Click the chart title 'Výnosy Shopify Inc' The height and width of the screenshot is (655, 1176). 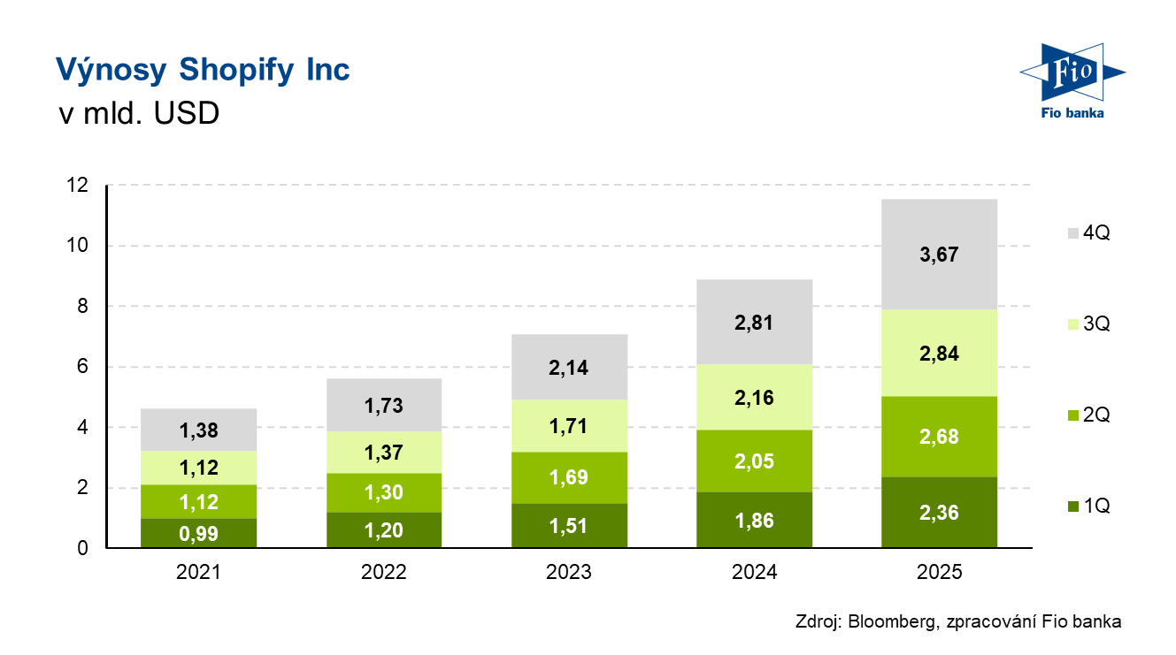coord(203,70)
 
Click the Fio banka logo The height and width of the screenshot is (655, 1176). coord(1072,79)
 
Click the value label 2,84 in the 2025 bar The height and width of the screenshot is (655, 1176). coord(939,354)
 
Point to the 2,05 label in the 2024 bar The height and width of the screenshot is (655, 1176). coord(754,461)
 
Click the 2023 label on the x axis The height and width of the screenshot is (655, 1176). coord(569,572)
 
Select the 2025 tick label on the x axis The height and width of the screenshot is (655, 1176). coord(939,572)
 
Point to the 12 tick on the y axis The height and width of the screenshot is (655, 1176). coord(78,186)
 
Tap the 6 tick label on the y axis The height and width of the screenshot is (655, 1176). coord(82,367)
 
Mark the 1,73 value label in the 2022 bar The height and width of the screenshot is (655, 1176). coord(384,407)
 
